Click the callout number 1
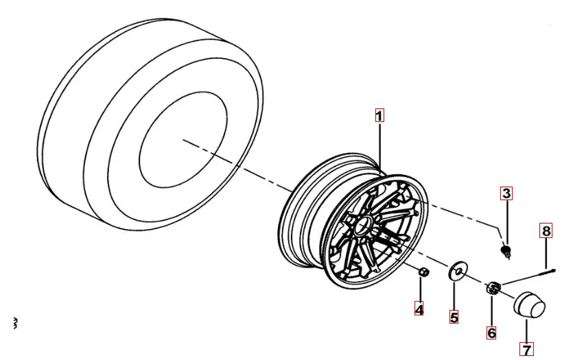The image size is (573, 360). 379,116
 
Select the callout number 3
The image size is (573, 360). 506,193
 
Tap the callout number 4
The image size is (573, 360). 419,310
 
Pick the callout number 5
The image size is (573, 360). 454,317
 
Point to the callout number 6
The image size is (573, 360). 491,333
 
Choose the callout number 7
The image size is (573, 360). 526,350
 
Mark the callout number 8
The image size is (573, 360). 546,231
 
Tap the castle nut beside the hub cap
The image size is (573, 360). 493,289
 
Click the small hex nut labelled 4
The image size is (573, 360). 423,273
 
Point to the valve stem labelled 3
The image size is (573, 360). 507,250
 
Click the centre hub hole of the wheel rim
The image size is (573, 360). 361,224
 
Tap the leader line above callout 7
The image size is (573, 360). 526,331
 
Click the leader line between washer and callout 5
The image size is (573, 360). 454,296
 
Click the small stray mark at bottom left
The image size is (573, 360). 15,322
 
